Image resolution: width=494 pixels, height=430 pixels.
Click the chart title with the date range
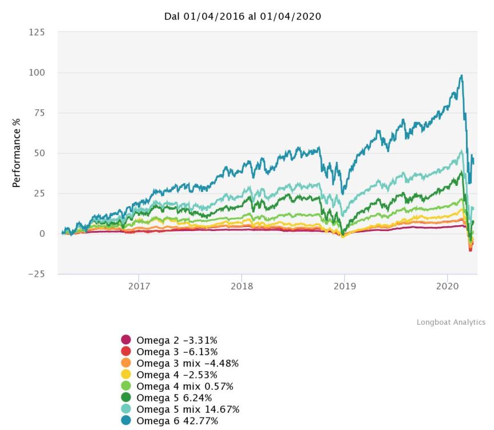pyautogui.click(x=243, y=17)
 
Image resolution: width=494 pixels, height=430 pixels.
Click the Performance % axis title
pyautogui.click(x=17, y=153)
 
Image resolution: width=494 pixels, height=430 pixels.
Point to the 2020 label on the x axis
pyautogui.click(x=446, y=286)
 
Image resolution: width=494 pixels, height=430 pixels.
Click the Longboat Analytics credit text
pyautogui.click(x=451, y=322)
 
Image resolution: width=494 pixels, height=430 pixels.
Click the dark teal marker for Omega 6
pyautogui.click(x=126, y=421)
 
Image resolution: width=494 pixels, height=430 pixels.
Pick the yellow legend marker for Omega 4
pyautogui.click(x=126, y=375)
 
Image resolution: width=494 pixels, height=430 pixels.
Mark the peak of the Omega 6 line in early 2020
pyautogui.click(x=461, y=75)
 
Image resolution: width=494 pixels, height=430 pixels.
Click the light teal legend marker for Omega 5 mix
pyautogui.click(x=126, y=410)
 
